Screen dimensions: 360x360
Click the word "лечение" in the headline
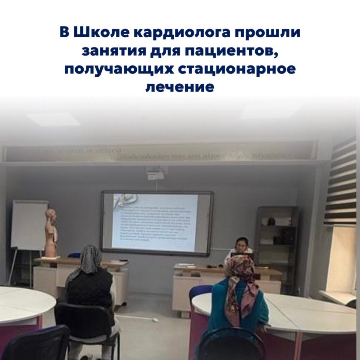180,86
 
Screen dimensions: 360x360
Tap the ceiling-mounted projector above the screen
155,174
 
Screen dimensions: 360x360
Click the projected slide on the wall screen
155,221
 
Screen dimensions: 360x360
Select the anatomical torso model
51,232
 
